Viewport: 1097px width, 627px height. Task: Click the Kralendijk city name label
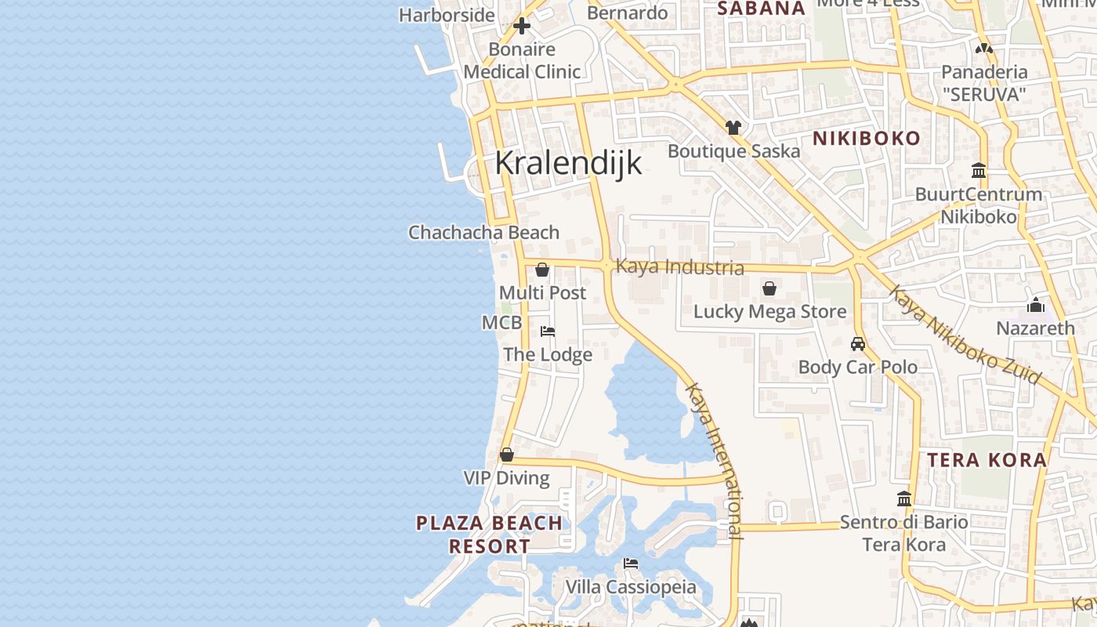click(568, 163)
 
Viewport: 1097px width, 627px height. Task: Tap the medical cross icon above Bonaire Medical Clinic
click(522, 26)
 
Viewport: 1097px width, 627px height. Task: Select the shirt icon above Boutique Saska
click(733, 127)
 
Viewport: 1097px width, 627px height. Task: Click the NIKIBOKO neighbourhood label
click(866, 139)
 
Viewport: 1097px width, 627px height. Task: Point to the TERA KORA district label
click(987, 460)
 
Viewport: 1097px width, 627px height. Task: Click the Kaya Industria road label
click(679, 266)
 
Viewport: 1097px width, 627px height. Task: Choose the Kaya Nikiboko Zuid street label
click(964, 335)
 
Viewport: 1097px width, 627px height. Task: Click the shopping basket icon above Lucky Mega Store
click(769, 288)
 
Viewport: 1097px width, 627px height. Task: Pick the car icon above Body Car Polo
click(858, 343)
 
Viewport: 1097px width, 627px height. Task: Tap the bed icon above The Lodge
click(548, 332)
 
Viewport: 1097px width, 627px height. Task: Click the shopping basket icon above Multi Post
click(542, 270)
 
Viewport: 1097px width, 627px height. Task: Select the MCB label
click(501, 323)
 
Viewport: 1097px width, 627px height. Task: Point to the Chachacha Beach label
click(483, 233)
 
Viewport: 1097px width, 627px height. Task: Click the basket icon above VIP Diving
click(507, 455)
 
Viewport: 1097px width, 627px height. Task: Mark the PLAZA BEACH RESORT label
click(489, 535)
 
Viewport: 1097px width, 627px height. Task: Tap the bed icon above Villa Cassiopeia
click(631, 564)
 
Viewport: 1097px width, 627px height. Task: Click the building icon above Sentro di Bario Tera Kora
click(904, 498)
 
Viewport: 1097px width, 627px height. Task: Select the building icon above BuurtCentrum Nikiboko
click(979, 170)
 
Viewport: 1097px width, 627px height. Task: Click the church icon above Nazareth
click(1036, 305)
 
